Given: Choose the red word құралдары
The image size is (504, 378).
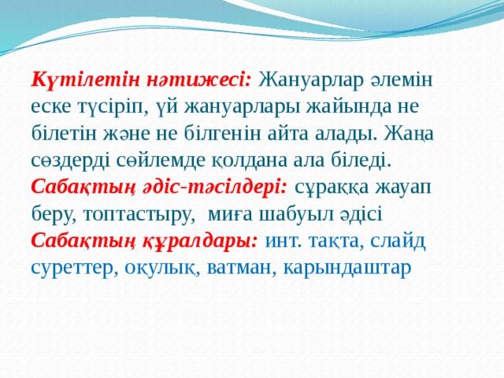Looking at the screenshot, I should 202,242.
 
